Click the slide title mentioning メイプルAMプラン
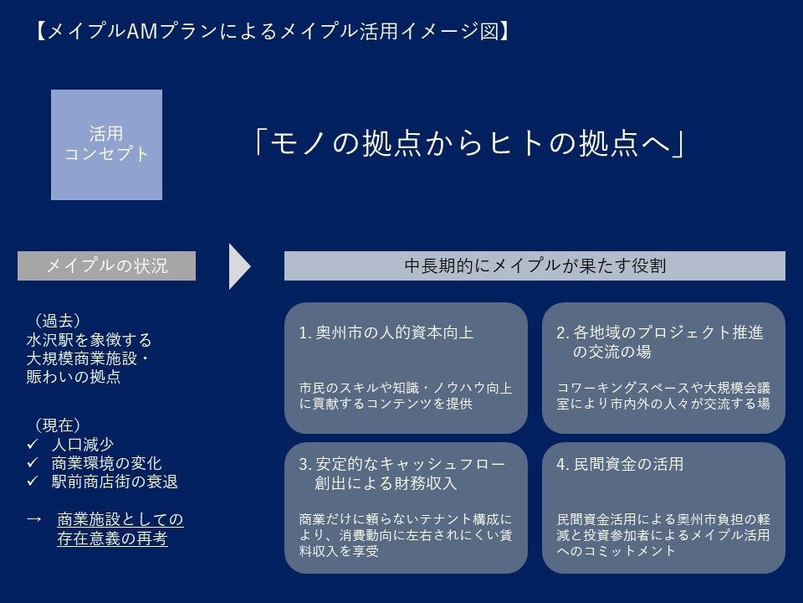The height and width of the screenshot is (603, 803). (273, 32)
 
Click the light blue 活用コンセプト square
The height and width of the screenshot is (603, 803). (106, 144)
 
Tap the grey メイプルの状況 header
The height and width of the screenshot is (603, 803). (106, 265)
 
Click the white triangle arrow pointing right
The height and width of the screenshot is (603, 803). (239, 266)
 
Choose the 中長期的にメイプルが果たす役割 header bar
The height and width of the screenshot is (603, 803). (534, 265)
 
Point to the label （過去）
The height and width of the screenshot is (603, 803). (56, 320)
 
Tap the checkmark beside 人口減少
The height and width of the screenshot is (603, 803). (33, 444)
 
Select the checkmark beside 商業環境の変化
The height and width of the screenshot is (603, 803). (33, 463)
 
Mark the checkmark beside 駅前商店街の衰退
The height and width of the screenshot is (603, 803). (33, 482)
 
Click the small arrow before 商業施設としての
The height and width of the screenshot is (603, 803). (34, 519)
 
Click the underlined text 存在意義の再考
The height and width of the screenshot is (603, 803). (112, 539)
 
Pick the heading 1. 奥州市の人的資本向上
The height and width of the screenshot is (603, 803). (386, 332)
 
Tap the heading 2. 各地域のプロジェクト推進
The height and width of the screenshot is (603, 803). (660, 332)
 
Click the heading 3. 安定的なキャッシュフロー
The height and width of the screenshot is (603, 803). (401, 463)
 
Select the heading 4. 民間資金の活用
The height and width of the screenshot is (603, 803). (620, 463)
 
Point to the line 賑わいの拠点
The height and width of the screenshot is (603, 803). (73, 378)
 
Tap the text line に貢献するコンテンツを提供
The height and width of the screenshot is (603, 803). (386, 403)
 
